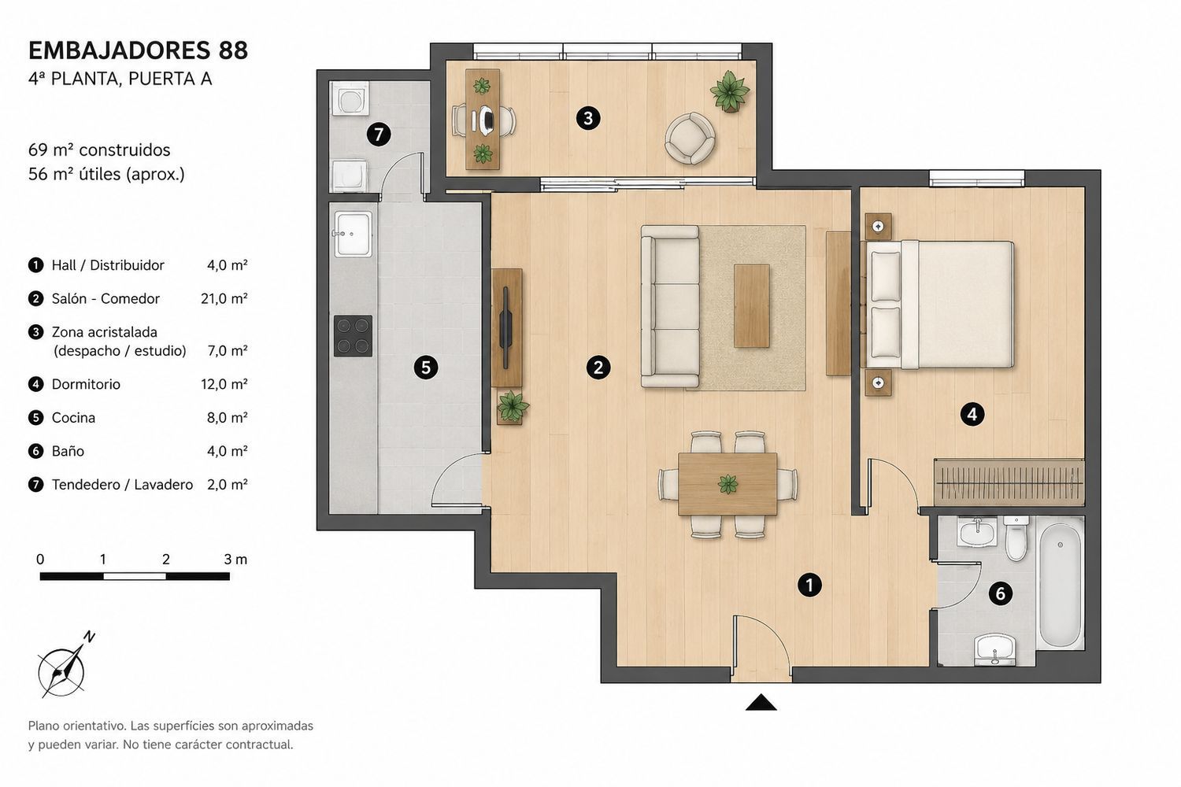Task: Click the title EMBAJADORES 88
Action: [x=138, y=50]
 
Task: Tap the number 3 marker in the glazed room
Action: [x=588, y=118]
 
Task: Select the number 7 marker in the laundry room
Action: [x=379, y=134]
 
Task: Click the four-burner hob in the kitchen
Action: [x=353, y=336]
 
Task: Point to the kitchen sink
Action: [x=353, y=234]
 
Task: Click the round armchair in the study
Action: [x=690, y=138]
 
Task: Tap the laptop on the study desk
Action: [x=486, y=120]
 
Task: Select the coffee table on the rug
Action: [x=751, y=305]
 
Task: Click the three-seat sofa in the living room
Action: [x=670, y=306]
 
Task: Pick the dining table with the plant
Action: [x=727, y=483]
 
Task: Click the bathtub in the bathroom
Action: [x=1061, y=583]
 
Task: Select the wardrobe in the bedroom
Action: [x=1009, y=482]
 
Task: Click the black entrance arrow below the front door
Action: [x=761, y=702]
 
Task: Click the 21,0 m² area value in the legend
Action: [x=224, y=298]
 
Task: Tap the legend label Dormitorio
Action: [x=86, y=384]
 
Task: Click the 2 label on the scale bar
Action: [x=166, y=559]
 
